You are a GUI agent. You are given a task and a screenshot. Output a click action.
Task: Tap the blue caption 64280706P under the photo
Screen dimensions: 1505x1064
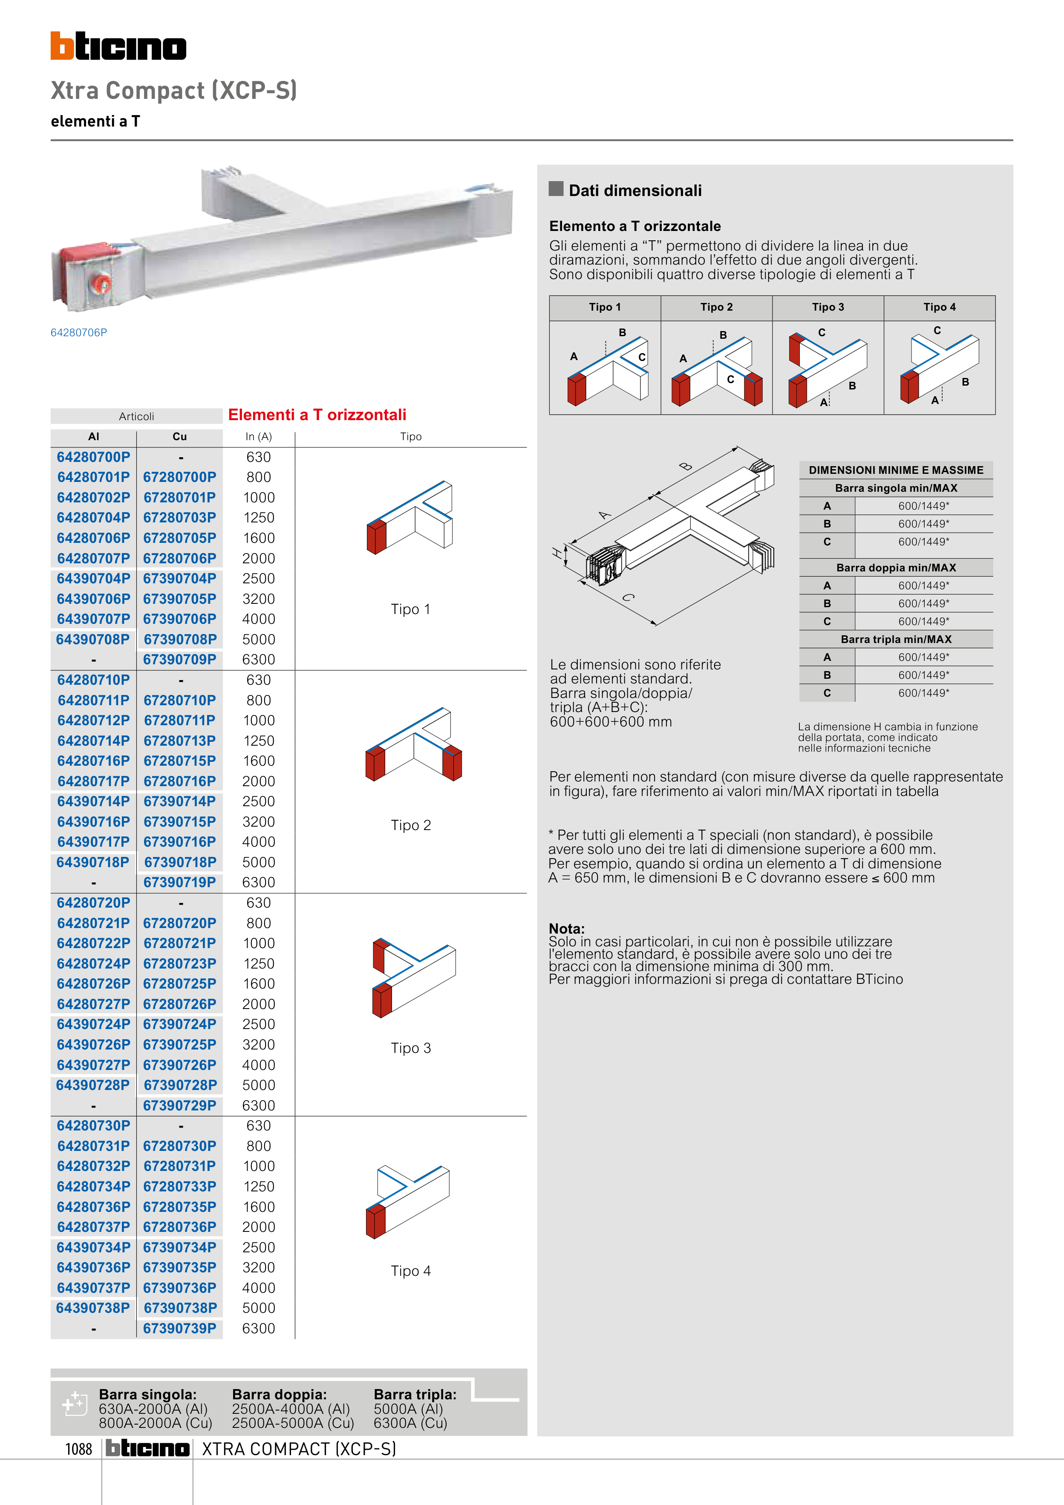pos(79,332)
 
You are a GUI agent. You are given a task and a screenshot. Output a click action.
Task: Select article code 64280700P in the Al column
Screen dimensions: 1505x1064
pos(93,457)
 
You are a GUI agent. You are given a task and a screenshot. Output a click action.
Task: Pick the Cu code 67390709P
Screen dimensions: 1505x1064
pos(180,660)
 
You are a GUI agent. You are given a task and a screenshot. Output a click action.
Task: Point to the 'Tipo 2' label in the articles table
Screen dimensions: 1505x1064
pos(411,825)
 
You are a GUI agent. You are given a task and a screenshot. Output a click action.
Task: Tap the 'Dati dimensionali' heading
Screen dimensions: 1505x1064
pos(634,191)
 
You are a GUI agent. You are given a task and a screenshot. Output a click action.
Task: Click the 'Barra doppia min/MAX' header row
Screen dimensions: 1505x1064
pos(896,568)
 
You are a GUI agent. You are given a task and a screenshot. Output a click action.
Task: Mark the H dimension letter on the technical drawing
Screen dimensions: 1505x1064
pos(558,553)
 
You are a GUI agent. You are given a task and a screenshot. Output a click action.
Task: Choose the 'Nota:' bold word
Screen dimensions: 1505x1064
pos(566,928)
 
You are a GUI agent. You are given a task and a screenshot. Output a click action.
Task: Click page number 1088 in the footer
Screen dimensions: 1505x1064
pos(79,1449)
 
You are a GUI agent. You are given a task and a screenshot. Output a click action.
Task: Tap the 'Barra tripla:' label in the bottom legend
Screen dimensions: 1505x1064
pos(415,1394)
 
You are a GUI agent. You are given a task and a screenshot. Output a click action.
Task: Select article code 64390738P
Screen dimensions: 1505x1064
pos(93,1308)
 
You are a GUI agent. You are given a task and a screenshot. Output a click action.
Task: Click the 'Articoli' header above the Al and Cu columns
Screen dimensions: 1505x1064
pos(136,416)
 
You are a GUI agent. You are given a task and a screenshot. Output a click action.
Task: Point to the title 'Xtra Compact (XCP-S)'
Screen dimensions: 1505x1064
pos(174,90)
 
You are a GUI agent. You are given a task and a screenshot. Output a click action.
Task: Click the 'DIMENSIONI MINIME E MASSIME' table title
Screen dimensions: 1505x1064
pos(896,470)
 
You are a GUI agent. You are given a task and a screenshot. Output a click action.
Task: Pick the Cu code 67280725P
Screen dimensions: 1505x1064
pos(180,984)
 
